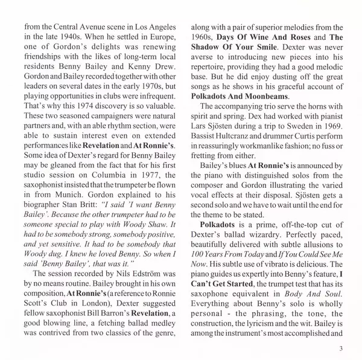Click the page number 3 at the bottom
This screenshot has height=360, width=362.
click(341, 347)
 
